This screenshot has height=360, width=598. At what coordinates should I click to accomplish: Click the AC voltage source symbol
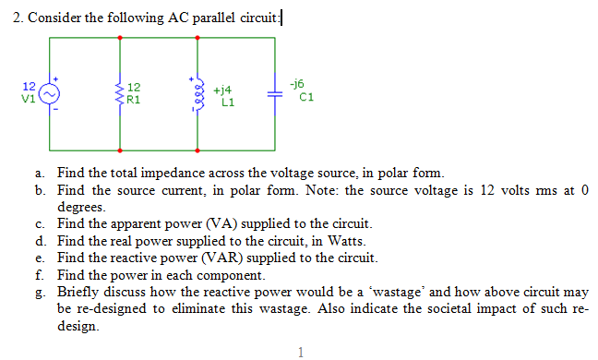(x=50, y=93)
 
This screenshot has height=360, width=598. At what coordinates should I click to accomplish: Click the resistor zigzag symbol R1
(x=120, y=93)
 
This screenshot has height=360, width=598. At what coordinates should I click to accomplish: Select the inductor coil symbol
(x=197, y=94)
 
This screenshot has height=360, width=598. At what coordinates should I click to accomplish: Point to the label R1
(x=135, y=99)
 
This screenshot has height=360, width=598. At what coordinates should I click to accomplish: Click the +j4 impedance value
(x=221, y=91)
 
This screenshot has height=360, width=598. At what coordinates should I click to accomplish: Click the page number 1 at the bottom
(x=300, y=351)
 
